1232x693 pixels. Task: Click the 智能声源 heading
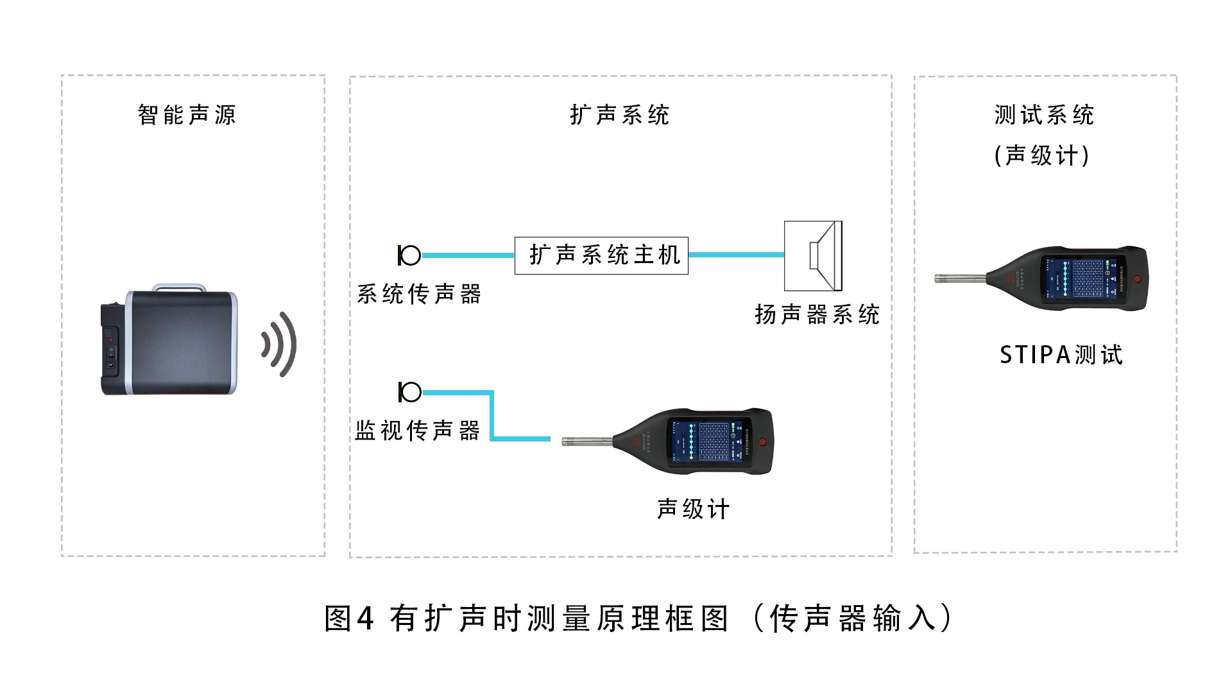[x=187, y=115]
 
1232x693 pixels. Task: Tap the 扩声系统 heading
[x=619, y=115]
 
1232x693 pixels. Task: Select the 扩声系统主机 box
[x=601, y=255]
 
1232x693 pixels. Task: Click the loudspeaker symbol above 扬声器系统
[x=813, y=256]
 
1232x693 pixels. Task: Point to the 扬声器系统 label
[x=817, y=315]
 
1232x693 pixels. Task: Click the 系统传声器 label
[x=418, y=295]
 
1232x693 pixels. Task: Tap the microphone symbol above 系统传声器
[x=409, y=255]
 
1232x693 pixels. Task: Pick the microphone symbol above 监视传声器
[x=409, y=392]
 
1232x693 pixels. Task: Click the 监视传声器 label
[x=417, y=431]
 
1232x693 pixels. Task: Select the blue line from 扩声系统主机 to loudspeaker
[x=736, y=255]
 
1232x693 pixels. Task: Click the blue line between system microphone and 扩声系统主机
[x=468, y=255]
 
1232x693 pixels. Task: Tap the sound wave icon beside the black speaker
[x=280, y=345]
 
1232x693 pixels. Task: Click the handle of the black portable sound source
[x=178, y=287]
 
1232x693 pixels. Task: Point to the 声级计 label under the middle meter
[x=693, y=509]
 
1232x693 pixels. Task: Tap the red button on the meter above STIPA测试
[x=1137, y=279]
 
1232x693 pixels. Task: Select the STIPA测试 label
[x=1061, y=355]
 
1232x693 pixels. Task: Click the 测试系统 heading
[x=1044, y=115]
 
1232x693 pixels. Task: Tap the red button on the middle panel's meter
[x=762, y=442]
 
